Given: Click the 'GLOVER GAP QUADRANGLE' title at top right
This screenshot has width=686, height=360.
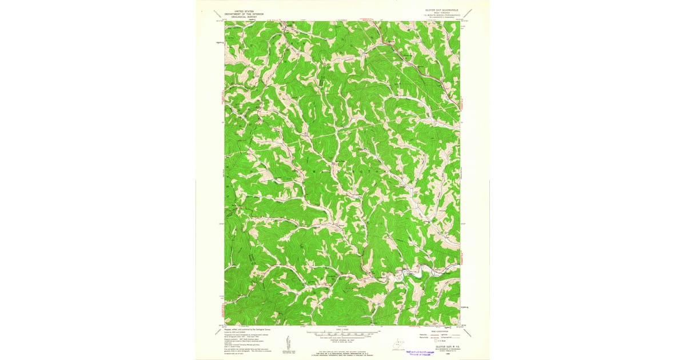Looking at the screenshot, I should [x=442, y=10].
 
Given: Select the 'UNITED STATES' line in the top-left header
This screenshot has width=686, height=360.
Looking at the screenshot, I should [x=239, y=10].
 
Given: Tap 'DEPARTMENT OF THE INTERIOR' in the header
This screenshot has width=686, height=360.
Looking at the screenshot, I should [x=239, y=13].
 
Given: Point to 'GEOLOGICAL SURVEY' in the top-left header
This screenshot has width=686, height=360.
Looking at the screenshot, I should [x=239, y=16].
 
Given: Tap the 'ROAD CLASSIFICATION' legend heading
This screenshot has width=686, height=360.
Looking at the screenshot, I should [x=438, y=331].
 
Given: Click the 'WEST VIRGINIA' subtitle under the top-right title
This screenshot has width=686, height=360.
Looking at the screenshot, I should [x=442, y=13].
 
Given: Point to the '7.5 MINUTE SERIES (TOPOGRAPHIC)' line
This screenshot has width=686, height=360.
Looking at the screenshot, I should [x=442, y=15].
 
